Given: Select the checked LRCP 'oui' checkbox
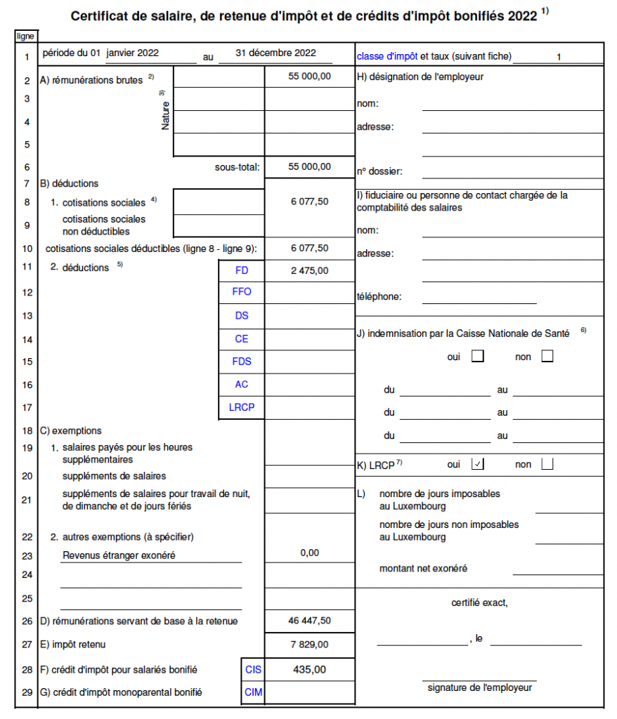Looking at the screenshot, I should (x=479, y=463).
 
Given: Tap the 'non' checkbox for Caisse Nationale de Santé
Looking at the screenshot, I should (x=547, y=356).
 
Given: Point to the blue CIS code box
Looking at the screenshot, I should (x=253, y=670).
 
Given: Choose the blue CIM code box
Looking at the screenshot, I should (x=253, y=692).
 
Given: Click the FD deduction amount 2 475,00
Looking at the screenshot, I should (x=309, y=270).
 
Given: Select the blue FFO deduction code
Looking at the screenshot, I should (x=242, y=292).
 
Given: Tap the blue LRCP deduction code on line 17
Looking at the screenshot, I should (x=242, y=407).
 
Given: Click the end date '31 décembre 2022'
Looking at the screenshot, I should (x=275, y=53).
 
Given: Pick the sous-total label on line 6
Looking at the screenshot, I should (x=237, y=167).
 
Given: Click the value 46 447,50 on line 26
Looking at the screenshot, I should (x=309, y=621).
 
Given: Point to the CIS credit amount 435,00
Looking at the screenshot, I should (x=309, y=670).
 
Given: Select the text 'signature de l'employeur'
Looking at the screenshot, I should (x=479, y=687).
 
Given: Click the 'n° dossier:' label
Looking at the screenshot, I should (x=379, y=171).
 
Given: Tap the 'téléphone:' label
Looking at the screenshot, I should (x=379, y=296).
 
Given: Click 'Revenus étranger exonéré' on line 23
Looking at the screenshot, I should (x=119, y=555).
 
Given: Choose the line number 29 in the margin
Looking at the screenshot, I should (x=27, y=692).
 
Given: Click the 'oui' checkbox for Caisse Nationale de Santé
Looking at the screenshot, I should (x=478, y=356).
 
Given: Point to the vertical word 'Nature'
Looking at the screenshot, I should (x=165, y=116).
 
